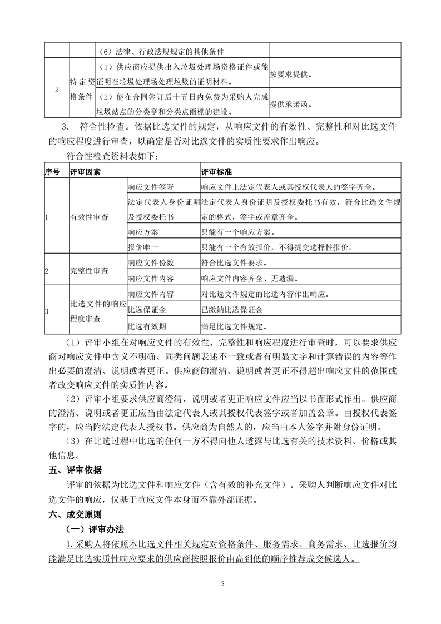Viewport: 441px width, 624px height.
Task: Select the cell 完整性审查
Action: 89,271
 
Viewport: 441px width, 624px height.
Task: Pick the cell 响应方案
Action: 143,232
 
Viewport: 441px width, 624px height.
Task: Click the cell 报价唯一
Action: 143,247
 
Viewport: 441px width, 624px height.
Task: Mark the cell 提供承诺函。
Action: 291,103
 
